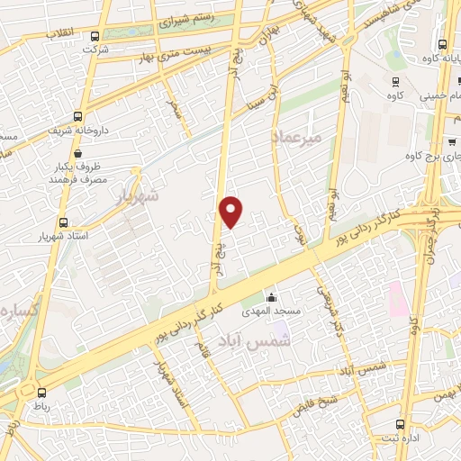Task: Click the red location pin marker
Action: point(231,212)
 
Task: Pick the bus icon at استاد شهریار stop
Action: point(62,222)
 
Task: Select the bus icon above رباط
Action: point(41,392)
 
